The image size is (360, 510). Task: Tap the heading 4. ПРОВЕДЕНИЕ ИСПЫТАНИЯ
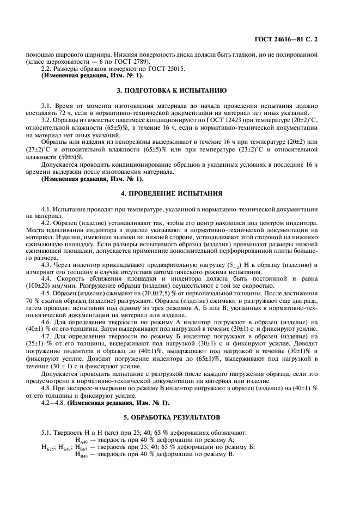pyautogui.click(x=180, y=192)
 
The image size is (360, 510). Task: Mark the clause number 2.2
pyautogui.click(x=47, y=69)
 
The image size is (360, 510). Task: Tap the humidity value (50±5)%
pyautogui.click(x=68, y=156)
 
